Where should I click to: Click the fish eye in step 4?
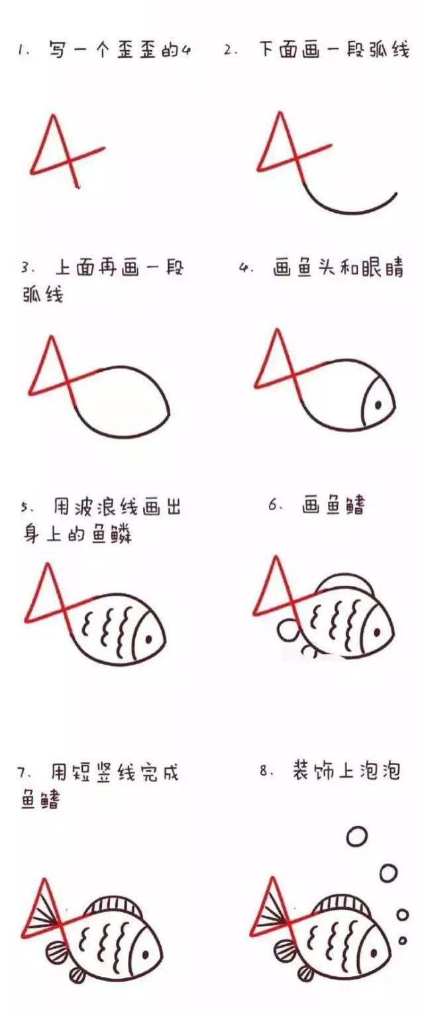pos(378,404)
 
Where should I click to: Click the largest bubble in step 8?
pos(357,837)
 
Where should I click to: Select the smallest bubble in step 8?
pos(401,940)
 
